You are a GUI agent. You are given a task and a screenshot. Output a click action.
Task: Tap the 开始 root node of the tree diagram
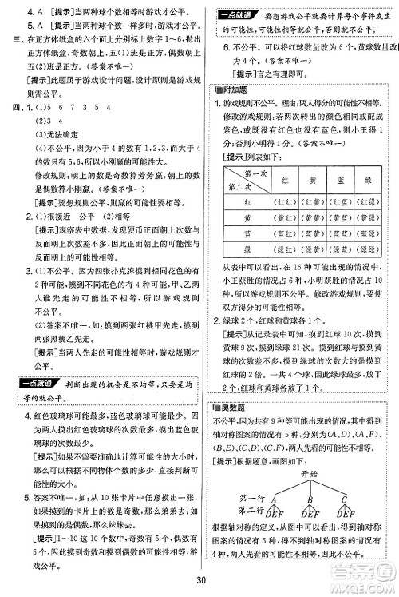[310, 474]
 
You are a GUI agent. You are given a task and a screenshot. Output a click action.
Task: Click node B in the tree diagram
[310, 501]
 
